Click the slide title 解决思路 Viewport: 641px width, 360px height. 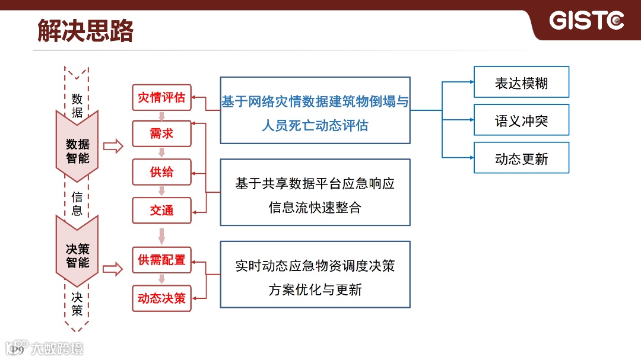tap(85, 30)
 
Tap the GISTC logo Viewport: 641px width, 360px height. tap(586, 21)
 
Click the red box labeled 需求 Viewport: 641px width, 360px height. tap(161, 134)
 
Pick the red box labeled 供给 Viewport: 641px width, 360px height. tap(161, 172)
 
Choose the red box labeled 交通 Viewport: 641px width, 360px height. tap(161, 211)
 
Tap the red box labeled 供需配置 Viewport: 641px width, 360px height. tap(161, 260)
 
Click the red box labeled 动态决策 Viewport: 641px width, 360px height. tap(161, 298)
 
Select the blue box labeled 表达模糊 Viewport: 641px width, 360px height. tap(521, 82)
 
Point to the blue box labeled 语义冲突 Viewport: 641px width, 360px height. tap(521, 120)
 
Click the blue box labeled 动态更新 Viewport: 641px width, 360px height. tap(521, 158)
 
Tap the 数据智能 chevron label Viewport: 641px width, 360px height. tap(77, 151)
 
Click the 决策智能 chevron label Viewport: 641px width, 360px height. tap(77, 255)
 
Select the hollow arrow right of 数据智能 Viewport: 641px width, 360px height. tap(112, 146)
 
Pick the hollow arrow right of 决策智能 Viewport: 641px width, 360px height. tap(112, 269)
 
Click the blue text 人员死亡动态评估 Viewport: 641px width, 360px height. tap(315, 126)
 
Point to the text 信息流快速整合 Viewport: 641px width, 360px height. tap(315, 208)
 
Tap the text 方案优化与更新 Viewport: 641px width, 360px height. tap(315, 290)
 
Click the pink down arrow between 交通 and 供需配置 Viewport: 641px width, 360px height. tap(161, 235)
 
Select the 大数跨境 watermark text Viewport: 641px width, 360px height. tap(57, 348)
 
